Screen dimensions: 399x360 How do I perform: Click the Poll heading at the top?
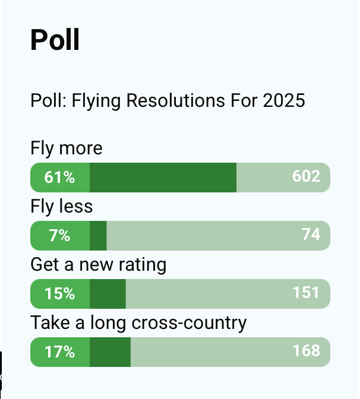click(55, 40)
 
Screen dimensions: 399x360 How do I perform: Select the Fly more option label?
click(66, 148)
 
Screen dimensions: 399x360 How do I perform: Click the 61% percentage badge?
click(60, 177)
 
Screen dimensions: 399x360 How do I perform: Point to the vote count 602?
click(306, 176)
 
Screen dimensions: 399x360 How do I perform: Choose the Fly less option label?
click(61, 206)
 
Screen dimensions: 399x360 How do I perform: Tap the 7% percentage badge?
click(60, 236)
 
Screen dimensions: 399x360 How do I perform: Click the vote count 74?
click(311, 235)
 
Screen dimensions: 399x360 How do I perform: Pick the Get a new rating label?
click(98, 264)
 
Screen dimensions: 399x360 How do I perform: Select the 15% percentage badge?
click(60, 294)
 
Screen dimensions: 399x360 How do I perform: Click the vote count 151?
click(306, 293)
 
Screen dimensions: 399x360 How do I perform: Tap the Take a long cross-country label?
click(138, 323)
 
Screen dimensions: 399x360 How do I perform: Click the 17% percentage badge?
click(60, 352)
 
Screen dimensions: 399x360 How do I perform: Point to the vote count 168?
click(306, 351)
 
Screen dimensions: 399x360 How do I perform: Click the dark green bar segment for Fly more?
click(163, 177)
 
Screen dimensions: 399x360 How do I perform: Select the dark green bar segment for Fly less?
click(98, 236)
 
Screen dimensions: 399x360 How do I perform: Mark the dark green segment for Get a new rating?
click(108, 294)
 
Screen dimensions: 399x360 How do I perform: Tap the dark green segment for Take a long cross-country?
click(110, 352)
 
